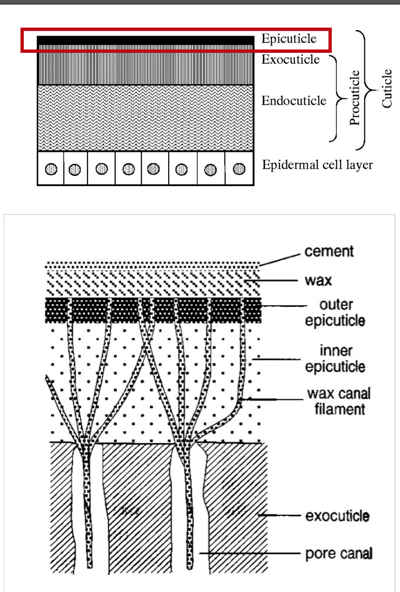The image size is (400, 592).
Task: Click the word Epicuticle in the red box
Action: tap(288, 39)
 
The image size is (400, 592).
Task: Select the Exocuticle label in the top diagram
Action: tap(290, 59)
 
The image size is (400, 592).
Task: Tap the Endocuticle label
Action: tap(293, 100)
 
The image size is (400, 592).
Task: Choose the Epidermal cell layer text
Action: tap(317, 165)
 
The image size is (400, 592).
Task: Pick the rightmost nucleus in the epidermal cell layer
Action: tap(239, 169)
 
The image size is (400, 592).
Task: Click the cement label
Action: tap(329, 251)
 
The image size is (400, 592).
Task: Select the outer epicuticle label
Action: tap(334, 312)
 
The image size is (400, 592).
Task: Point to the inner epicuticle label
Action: tap(334, 359)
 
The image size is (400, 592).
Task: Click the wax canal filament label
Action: tap(339, 401)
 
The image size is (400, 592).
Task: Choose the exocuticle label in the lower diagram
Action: tap(337, 516)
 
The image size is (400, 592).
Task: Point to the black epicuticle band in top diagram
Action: tap(145, 40)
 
